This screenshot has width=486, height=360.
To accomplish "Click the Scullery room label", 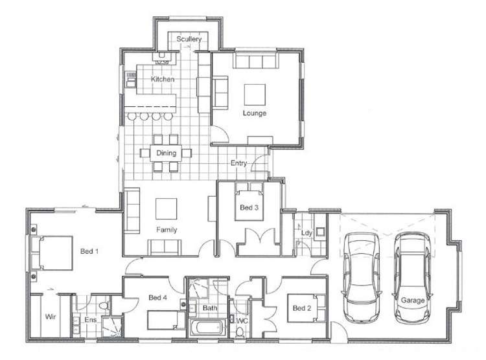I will point(189,39).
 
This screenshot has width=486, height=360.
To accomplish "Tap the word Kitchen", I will point(163,79).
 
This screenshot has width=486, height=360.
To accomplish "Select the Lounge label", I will point(255,113).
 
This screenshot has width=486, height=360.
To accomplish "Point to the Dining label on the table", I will point(167,153).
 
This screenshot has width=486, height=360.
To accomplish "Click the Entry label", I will point(238,164).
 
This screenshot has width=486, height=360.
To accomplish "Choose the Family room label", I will point(167,230).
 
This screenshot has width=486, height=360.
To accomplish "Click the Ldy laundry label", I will point(303,231).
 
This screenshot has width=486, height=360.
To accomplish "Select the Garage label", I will point(413,300).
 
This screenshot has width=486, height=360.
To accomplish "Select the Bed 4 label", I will point(158,298).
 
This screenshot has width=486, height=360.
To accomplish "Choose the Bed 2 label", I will point(301,308).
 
